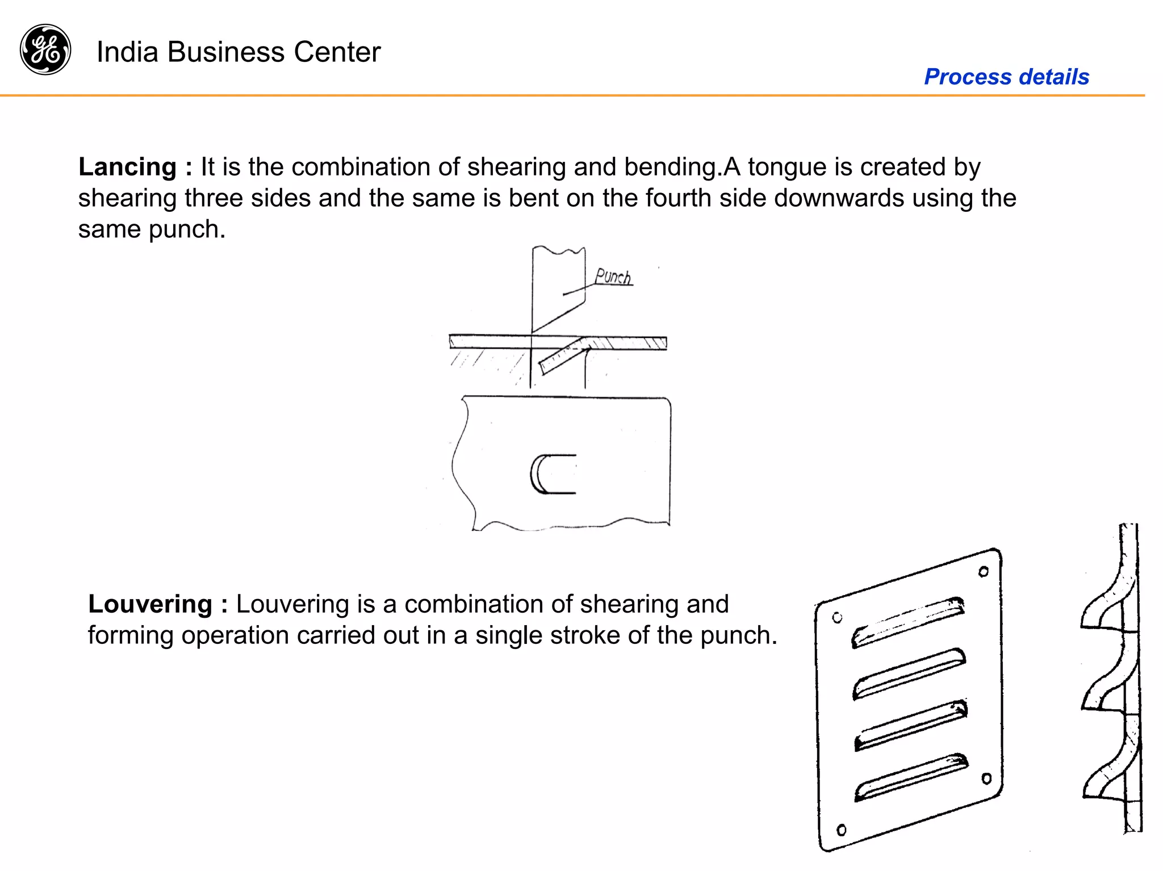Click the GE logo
point(45,49)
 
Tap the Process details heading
point(1006,77)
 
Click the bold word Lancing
point(128,167)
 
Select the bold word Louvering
point(150,604)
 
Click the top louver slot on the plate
point(907,622)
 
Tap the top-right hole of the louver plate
point(984,572)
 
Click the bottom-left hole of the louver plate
point(842,830)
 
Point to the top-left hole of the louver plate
point(837,618)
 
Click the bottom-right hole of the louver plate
point(986,778)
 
